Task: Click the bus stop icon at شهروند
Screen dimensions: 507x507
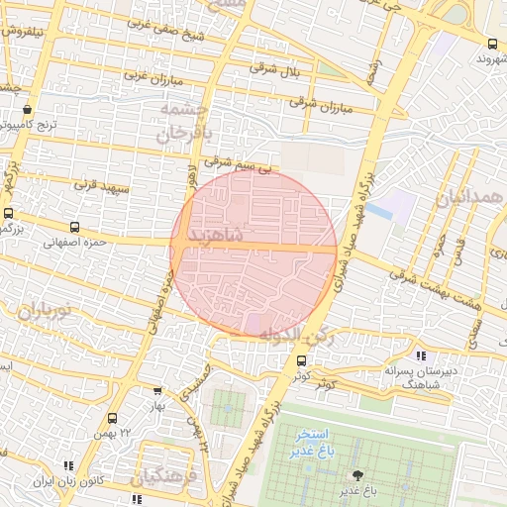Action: (x=493, y=43)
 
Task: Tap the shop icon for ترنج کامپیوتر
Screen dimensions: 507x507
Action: (x=26, y=110)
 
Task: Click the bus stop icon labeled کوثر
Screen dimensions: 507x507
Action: (x=301, y=361)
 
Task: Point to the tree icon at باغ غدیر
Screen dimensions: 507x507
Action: (x=357, y=475)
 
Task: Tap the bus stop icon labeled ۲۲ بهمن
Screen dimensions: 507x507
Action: (x=112, y=418)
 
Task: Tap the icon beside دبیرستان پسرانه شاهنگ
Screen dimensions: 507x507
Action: (x=421, y=355)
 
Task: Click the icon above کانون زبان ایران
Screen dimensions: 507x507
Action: (x=67, y=465)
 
